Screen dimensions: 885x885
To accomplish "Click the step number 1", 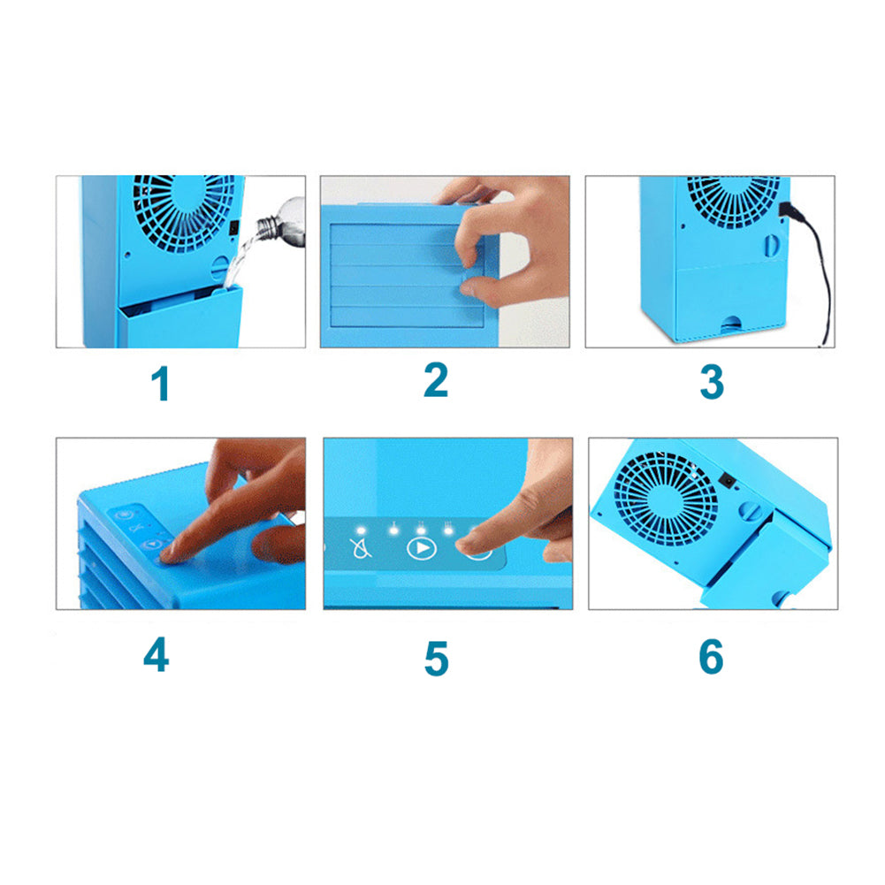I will coord(159,385).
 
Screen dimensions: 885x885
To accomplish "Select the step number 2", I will coord(436,379).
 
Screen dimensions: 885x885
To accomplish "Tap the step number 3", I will coord(712,382).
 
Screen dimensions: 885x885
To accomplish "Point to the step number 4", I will coord(156,655).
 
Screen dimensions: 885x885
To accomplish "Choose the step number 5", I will coord(436,659).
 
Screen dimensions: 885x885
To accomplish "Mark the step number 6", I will coord(711,657).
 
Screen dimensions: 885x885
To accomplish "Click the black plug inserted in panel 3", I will coord(786,210).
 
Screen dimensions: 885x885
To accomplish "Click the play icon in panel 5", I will coord(421,548).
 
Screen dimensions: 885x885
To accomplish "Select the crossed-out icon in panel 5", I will coord(362,548).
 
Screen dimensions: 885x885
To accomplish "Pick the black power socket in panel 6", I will coord(729,481).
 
